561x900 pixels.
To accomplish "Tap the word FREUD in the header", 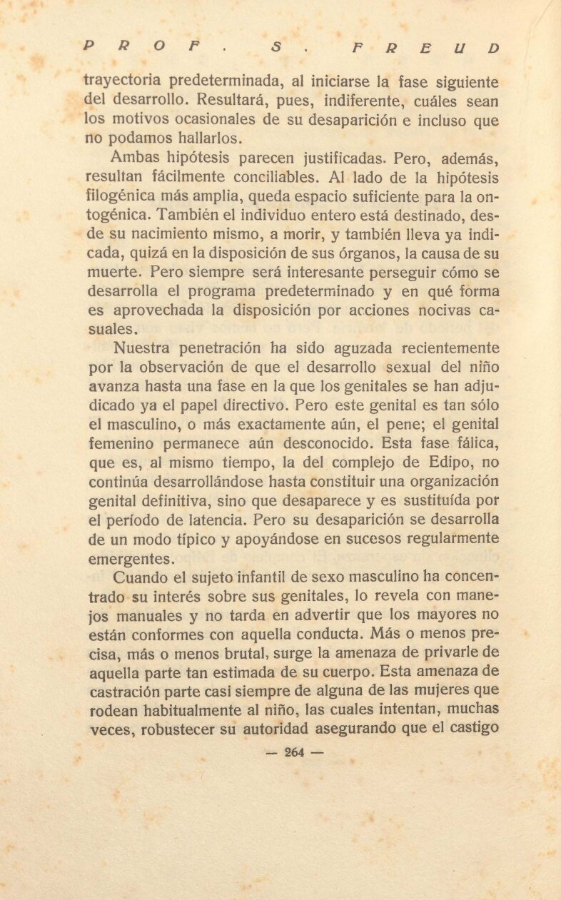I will coord(420,49).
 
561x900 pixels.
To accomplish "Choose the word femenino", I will coord(119,445).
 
